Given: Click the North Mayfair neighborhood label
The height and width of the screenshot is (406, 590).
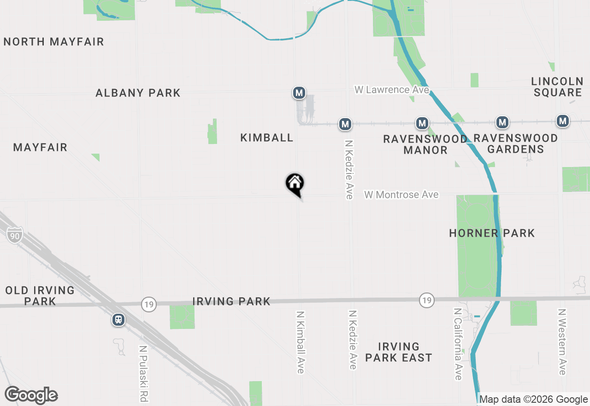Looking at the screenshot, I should (x=54, y=42).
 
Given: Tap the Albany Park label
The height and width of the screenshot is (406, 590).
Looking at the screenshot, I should (x=138, y=93).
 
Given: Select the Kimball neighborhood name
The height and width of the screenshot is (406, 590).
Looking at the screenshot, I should (x=267, y=137).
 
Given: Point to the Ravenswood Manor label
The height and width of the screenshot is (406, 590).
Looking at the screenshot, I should (x=425, y=144).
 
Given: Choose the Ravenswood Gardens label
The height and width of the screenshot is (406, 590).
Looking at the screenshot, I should (x=515, y=143).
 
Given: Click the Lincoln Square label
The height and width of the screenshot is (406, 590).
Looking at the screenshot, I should (x=557, y=87).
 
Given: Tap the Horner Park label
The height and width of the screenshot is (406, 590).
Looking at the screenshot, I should (x=492, y=233).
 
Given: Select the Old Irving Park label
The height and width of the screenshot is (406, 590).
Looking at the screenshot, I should (x=40, y=296).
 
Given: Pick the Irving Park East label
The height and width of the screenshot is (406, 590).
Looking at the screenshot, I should (x=398, y=352).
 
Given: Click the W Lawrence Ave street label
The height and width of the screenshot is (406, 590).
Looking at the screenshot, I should (x=391, y=90).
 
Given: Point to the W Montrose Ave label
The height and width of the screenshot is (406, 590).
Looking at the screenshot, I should (x=401, y=195).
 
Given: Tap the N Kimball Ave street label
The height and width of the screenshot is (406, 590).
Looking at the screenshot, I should (x=301, y=342).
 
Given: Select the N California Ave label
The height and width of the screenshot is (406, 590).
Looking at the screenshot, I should (x=458, y=344).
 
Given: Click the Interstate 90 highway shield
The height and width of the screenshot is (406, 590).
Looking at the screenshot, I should (x=15, y=235).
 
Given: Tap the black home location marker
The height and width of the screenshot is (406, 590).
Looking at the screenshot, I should (x=295, y=184).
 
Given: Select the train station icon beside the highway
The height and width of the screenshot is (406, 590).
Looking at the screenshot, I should (x=118, y=320).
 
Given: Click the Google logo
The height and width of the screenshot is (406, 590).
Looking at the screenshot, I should (x=31, y=395).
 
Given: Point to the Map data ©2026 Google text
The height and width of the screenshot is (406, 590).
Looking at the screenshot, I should (x=534, y=400).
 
